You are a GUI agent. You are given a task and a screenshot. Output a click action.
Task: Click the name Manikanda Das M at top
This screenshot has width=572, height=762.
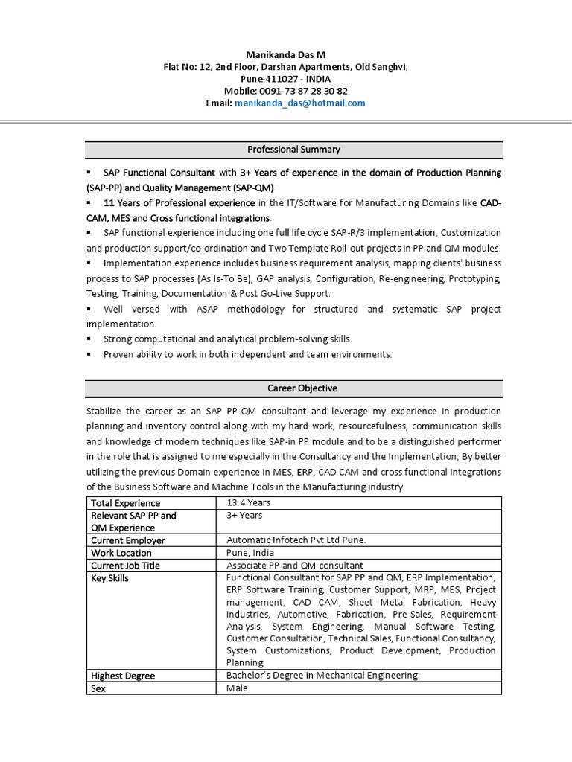pos(286,55)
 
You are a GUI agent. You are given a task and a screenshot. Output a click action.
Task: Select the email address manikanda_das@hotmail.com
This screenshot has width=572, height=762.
pos(299,103)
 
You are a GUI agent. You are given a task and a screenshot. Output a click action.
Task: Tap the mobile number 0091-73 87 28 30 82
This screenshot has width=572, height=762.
pos(307,92)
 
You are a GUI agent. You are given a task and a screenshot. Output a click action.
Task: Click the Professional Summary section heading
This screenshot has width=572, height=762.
pos(293,150)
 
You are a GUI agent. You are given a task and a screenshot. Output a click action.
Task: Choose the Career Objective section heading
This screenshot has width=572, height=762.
pos(293,388)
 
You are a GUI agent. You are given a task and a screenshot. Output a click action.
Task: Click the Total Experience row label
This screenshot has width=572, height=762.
pos(125,504)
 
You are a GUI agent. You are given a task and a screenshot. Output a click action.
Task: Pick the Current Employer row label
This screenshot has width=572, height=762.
pos(128,541)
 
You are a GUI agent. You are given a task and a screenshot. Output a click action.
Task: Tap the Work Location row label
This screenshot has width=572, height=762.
pos(121,554)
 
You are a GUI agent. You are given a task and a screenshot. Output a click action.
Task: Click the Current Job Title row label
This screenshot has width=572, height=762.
pos(125,566)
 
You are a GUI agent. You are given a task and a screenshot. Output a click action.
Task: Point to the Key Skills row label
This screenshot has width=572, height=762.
pos(109,578)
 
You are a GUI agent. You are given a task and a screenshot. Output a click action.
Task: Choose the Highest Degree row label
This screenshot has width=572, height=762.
pos(123,676)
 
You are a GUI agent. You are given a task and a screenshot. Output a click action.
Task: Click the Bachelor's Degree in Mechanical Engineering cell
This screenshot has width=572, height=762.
pos(322,676)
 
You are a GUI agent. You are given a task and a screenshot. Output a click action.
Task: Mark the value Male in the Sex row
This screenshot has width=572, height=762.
pos(237,688)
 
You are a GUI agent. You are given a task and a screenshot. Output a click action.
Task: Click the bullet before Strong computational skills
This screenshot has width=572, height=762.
pos(89,339)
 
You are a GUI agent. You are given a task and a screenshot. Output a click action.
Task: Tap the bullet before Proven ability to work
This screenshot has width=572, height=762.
pos(89,355)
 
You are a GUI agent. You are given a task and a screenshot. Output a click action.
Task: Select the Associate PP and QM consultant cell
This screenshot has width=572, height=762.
pos(295,566)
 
